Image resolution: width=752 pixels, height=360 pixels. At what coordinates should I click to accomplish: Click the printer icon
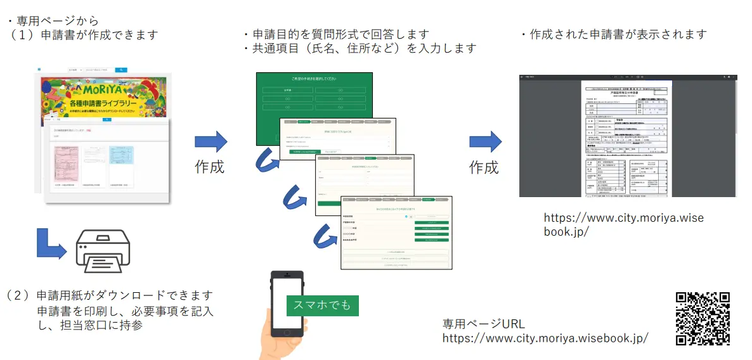pyautogui.click(x=103, y=252)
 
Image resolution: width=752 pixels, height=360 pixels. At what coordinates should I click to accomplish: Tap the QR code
pyautogui.click(x=703, y=318)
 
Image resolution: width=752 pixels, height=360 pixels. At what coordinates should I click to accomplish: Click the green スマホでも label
pyautogui.click(x=322, y=305)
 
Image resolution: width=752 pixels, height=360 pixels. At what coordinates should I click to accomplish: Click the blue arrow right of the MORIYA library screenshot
pyautogui.click(x=211, y=141)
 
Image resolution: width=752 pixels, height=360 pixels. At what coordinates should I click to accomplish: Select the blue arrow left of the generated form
pyautogui.click(x=485, y=141)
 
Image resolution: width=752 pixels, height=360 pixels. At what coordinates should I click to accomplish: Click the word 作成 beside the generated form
pyautogui.click(x=484, y=167)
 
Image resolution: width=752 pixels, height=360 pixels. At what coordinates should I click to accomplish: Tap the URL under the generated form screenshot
pyautogui.click(x=623, y=225)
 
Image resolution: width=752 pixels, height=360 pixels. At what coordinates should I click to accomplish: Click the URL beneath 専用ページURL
pyautogui.click(x=545, y=338)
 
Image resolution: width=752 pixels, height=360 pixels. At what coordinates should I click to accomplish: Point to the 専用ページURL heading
pyautogui.click(x=483, y=323)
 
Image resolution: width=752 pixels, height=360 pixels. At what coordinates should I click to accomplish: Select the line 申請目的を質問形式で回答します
pyautogui.click(x=336, y=34)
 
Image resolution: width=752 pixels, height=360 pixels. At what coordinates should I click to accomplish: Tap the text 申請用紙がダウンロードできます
pyautogui.click(x=124, y=295)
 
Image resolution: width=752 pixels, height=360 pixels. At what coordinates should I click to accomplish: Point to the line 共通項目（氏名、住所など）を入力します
pyautogui.click(x=360, y=48)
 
